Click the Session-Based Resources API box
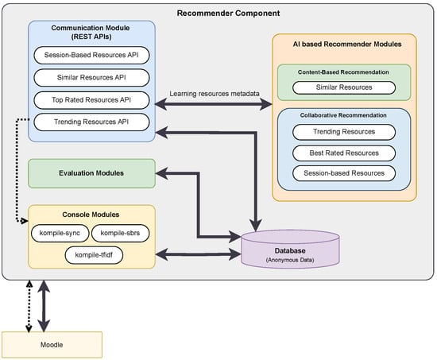pyautogui.click(x=91, y=55)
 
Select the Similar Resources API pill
pyautogui.click(x=91, y=78)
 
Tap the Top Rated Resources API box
pyautogui.click(x=91, y=100)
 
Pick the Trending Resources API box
pyautogui.click(x=91, y=122)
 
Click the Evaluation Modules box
pyautogui.click(x=91, y=173)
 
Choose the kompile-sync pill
pyautogui.click(x=60, y=233)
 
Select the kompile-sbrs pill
pyautogui.click(x=121, y=233)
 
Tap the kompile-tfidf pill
pyautogui.click(x=94, y=255)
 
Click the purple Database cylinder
pyautogui.click(x=290, y=249)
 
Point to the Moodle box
pyautogui.click(x=52, y=345)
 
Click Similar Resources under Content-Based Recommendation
pyautogui.click(x=344, y=87)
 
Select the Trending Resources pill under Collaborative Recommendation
pyautogui.click(x=344, y=132)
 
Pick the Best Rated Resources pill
pyautogui.click(x=344, y=153)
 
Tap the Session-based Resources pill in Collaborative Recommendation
pyautogui.click(x=344, y=173)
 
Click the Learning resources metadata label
pyautogui.click(x=215, y=94)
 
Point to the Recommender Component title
pyautogui.click(x=228, y=13)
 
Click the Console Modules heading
pyautogui.click(x=91, y=215)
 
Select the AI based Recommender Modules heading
pyautogui.click(x=347, y=44)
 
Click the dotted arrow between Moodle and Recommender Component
pyautogui.click(x=29, y=306)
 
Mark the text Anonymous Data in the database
pyautogui.click(x=290, y=260)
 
